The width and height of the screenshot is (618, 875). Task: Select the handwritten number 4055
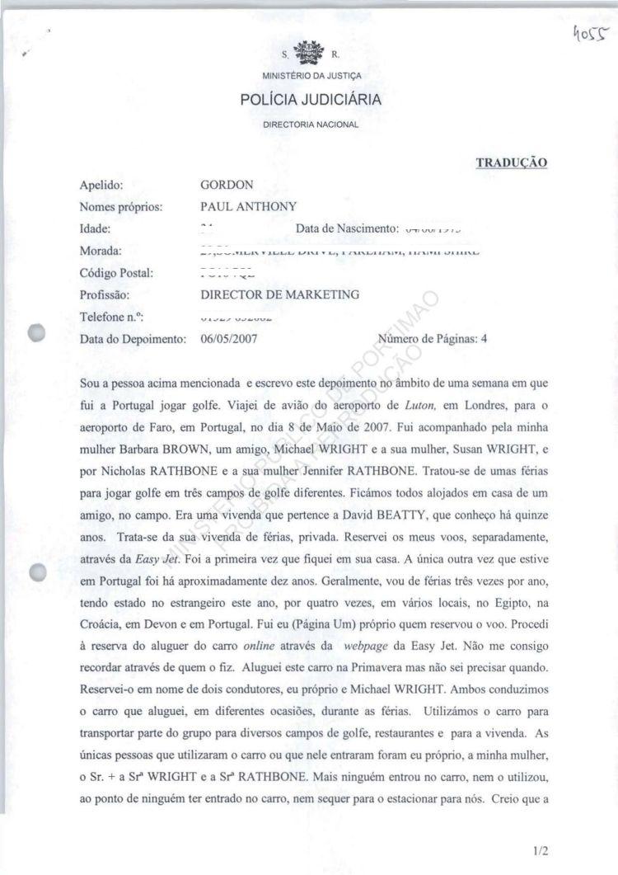pos(592,34)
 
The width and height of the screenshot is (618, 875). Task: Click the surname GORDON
pos(227,186)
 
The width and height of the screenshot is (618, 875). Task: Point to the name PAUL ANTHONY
pos(248,207)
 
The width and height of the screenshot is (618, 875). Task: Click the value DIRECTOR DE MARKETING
pos(279,294)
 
